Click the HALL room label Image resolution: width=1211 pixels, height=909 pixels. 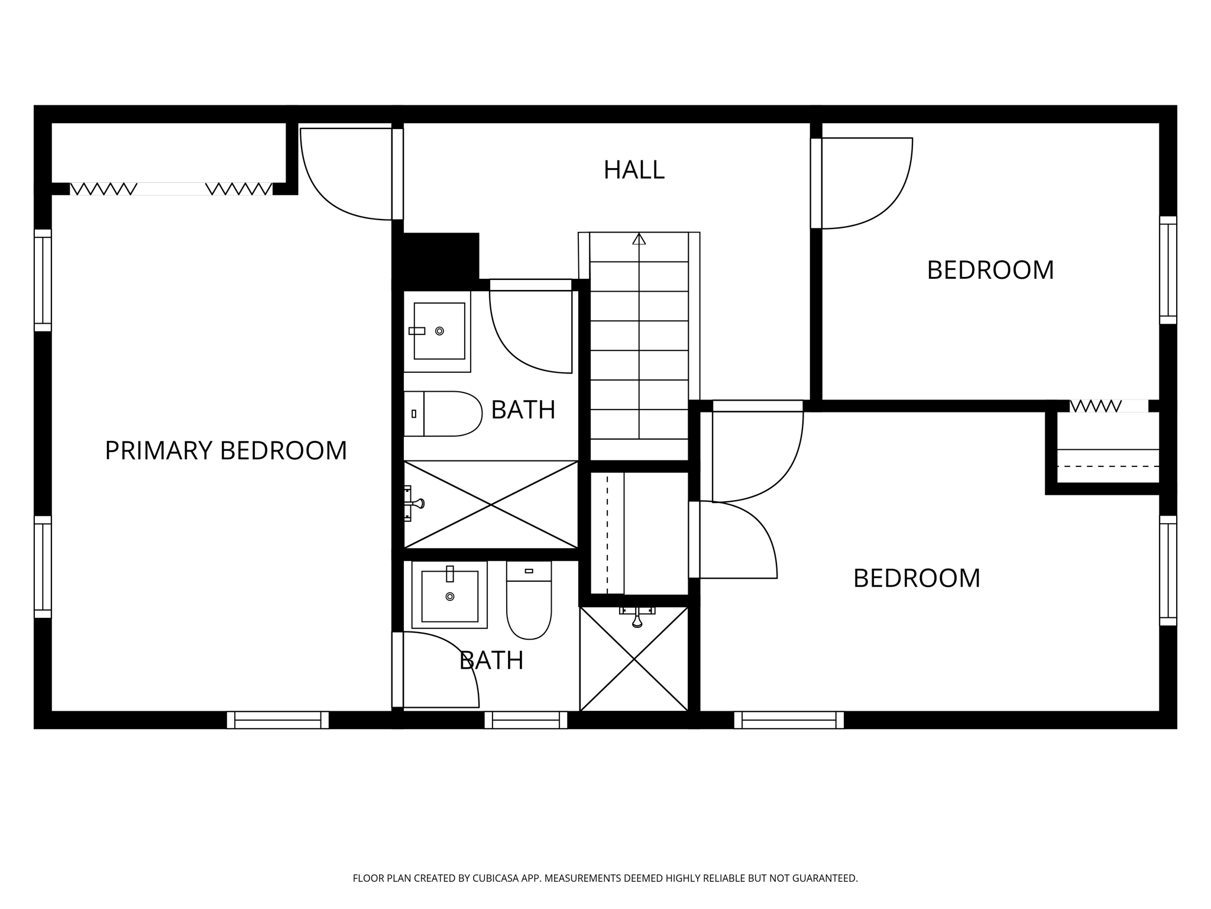coord(634,170)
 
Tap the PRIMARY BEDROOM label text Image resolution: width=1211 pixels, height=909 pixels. coord(225,450)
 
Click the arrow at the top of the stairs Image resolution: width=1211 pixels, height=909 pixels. coord(639,239)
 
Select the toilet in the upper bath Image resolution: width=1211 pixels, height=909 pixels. coord(443,414)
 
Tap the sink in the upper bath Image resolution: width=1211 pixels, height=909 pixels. coord(439,331)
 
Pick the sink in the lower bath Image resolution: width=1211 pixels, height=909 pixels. coord(449,595)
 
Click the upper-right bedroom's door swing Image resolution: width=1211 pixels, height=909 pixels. coord(863,183)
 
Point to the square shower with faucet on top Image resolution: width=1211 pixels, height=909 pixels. coord(634,659)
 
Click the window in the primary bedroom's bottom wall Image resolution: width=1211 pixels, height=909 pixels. coord(277,720)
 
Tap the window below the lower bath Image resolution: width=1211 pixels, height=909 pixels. coord(526,720)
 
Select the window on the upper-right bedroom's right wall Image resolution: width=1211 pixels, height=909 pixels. coord(1168,270)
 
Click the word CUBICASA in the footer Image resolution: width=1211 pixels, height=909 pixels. coord(494,878)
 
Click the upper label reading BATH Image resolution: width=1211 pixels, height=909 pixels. coord(523,410)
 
